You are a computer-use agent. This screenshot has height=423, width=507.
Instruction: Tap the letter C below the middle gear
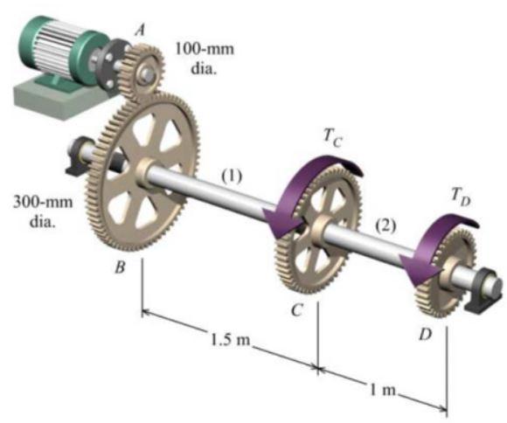(299, 310)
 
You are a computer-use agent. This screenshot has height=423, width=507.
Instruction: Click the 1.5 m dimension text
(230, 338)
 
